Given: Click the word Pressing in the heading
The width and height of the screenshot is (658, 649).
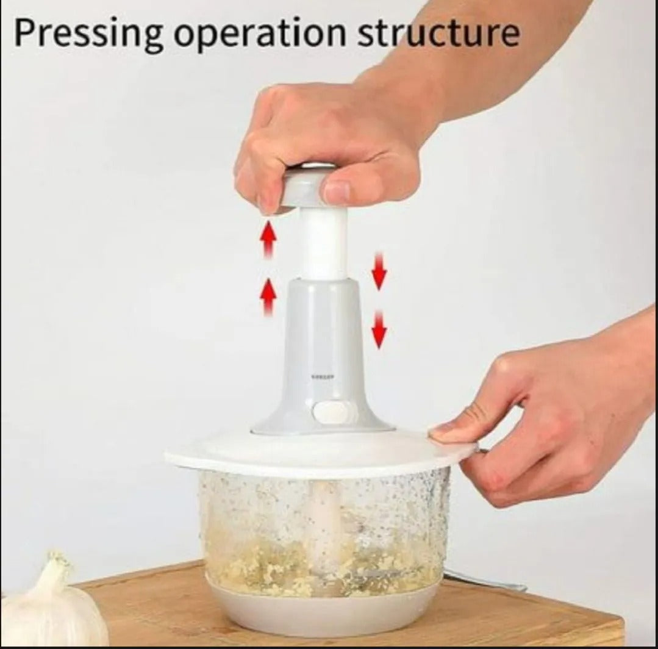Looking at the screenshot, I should tap(88, 34).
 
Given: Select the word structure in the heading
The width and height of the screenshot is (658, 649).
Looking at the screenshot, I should tap(438, 34).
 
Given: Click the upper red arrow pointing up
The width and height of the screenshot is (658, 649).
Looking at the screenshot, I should tap(268, 238).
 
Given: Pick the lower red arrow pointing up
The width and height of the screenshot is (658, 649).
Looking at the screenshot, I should tap(268, 296).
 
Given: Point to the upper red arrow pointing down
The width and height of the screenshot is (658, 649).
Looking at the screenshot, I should tap(379, 270).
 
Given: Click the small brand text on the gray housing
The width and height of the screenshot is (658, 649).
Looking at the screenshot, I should tap(322, 376).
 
